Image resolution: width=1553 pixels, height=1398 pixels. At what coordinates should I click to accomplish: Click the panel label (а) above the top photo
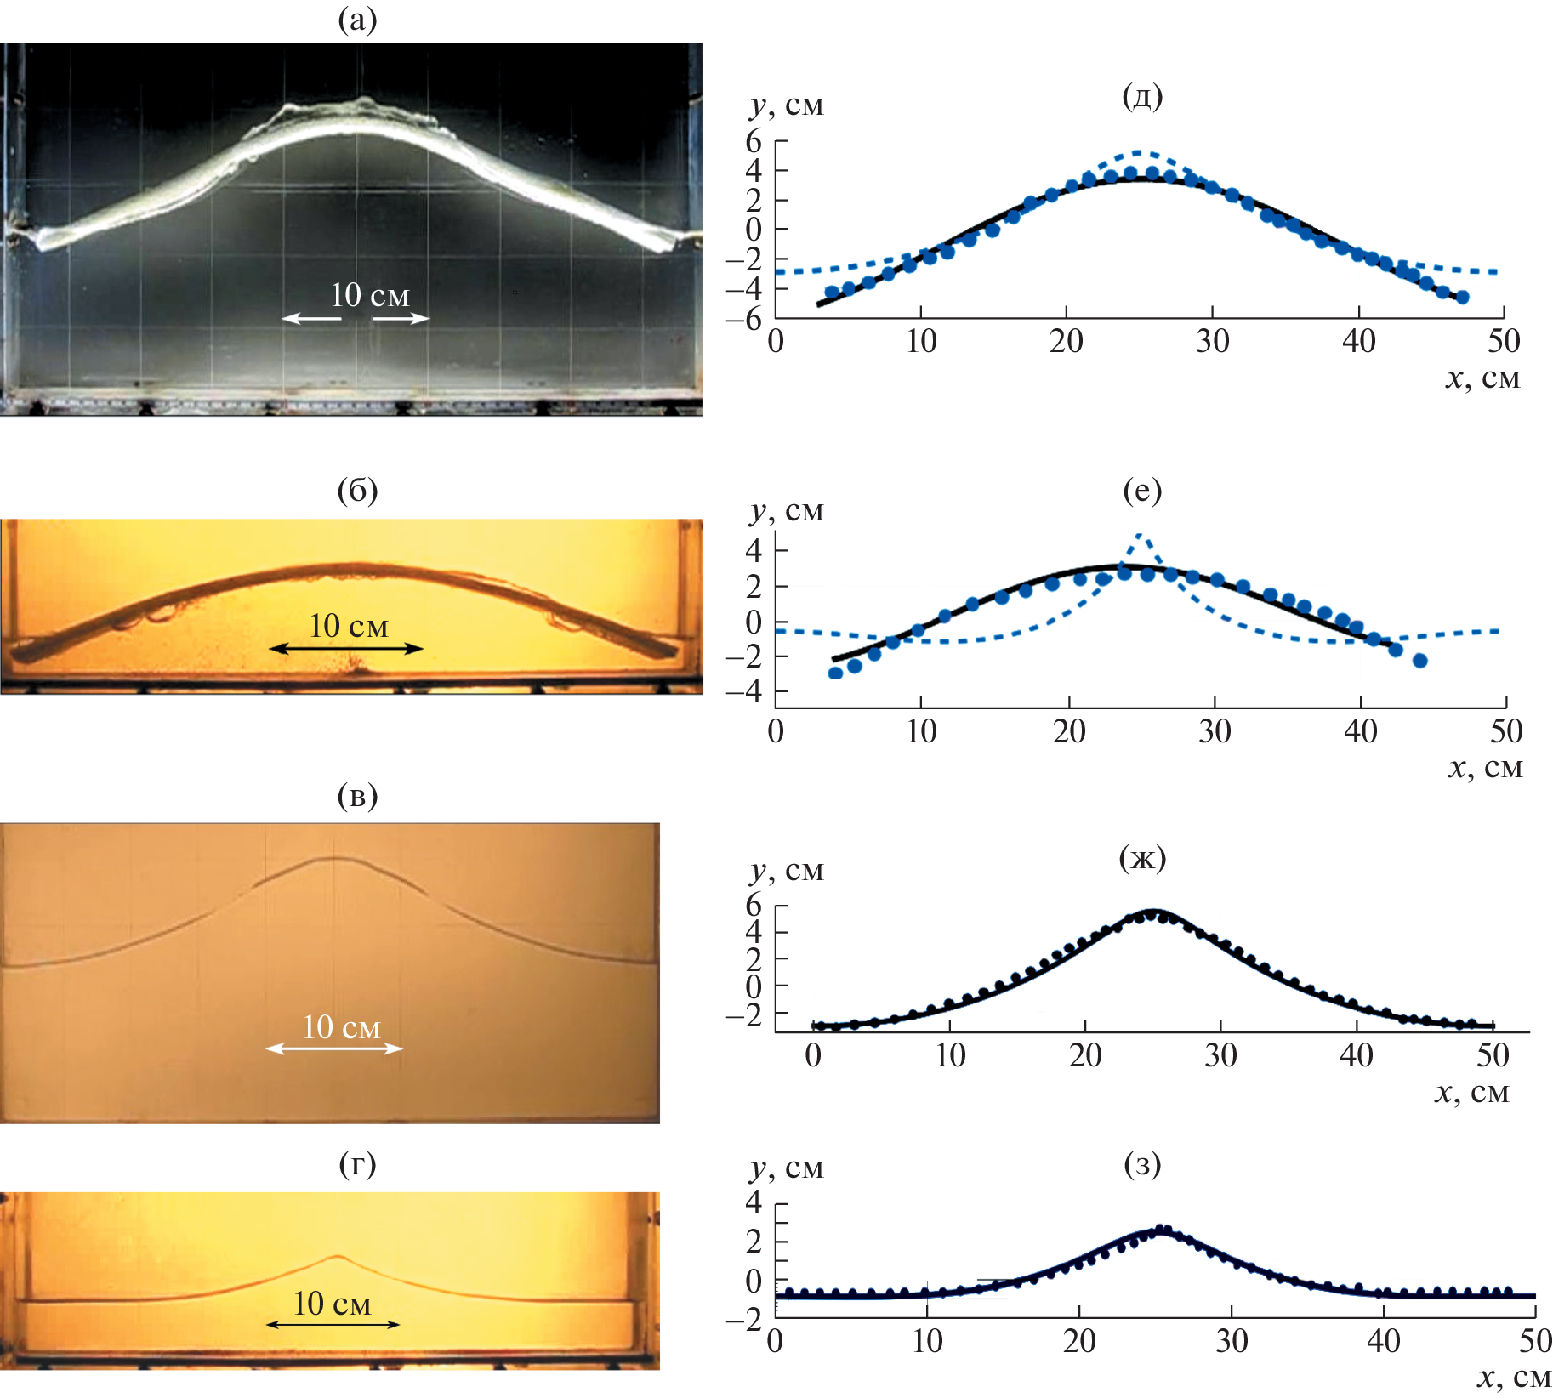point(357,20)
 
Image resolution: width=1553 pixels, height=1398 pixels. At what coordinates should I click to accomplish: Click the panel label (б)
point(357,491)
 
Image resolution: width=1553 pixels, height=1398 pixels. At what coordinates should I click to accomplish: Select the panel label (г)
point(357,1163)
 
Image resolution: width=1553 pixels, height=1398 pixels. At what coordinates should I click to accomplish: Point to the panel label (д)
point(1142,96)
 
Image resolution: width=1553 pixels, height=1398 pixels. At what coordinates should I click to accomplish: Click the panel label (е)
point(1142,491)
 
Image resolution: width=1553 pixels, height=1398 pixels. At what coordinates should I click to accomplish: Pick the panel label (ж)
point(1142,858)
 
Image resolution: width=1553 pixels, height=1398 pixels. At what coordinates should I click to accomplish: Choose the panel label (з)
point(1142,1163)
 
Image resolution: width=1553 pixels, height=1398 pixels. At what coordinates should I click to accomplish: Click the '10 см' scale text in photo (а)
point(370,295)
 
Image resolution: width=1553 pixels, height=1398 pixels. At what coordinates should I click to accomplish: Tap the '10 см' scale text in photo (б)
point(349,626)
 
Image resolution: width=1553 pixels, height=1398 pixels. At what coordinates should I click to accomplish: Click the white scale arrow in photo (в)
point(334,1048)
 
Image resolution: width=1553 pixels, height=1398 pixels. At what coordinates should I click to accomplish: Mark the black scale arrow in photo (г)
point(333,1324)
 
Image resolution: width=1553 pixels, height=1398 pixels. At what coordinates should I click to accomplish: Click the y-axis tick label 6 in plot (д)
point(754,141)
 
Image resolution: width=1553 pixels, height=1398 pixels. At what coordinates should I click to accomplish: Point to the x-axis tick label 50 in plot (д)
point(1504,341)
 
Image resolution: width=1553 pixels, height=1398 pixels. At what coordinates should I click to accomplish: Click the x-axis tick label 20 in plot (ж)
point(1085,1055)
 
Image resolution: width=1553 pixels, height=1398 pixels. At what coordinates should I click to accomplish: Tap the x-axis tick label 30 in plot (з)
point(1232,1341)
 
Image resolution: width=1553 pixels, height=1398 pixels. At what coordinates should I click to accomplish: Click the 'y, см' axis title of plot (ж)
point(787,870)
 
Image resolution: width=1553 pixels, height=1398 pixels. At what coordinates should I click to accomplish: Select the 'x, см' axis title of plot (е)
point(1485,768)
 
